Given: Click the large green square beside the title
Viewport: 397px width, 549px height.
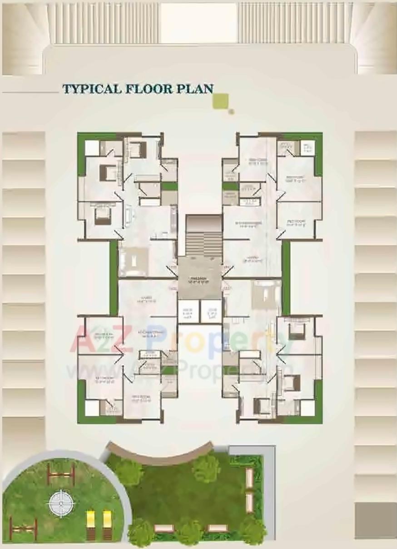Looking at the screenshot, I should click(x=221, y=101).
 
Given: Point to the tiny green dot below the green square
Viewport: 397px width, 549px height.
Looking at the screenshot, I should click(x=231, y=111).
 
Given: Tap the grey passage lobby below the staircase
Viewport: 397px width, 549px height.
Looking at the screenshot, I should click(x=199, y=278).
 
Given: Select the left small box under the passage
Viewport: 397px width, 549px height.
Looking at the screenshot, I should click(x=188, y=312).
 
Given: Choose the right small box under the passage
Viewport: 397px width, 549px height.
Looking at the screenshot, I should click(x=211, y=312).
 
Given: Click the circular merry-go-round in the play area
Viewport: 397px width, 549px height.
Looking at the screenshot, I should click(x=61, y=504).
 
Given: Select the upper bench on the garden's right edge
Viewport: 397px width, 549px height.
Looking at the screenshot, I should click(x=249, y=478).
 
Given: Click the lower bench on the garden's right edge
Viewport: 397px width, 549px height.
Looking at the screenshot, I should click(x=249, y=503).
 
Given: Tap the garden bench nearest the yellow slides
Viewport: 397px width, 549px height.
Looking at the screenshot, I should click(x=164, y=528).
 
